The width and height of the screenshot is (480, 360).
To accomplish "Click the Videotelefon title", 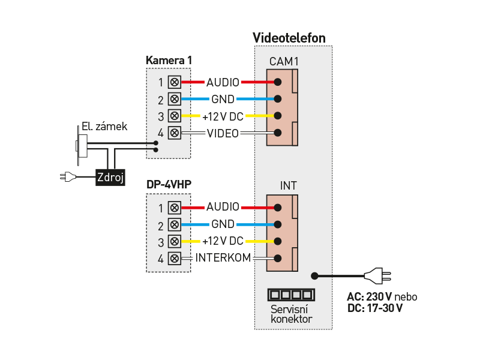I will click(x=289, y=38).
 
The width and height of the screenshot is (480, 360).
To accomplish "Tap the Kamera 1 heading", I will click(x=169, y=61).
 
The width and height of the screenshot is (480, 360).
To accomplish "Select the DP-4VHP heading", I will click(x=169, y=185).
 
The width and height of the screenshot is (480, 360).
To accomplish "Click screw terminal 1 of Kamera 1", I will click(x=175, y=82).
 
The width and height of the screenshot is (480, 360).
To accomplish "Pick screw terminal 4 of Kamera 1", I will click(x=175, y=133).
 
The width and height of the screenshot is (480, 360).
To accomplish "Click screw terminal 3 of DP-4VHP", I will click(x=175, y=242).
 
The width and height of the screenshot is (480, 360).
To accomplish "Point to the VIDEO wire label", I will click(x=223, y=133).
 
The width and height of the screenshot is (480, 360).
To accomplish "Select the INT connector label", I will click(x=289, y=186).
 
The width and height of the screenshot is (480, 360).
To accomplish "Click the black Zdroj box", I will click(x=110, y=177).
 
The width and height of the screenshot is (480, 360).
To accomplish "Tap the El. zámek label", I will click(x=104, y=127).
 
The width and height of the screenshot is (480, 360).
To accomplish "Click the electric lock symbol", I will click(x=81, y=145).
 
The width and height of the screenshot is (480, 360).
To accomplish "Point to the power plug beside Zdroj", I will click(x=68, y=177).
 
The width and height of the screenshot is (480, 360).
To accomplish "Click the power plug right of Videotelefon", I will click(x=377, y=276).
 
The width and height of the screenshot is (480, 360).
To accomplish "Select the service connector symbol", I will click(x=290, y=295).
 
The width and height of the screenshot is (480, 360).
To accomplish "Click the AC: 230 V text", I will click(x=370, y=297).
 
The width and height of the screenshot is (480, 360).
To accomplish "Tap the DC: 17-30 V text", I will click(x=375, y=308).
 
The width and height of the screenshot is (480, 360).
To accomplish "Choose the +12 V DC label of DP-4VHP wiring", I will click(x=223, y=242).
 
